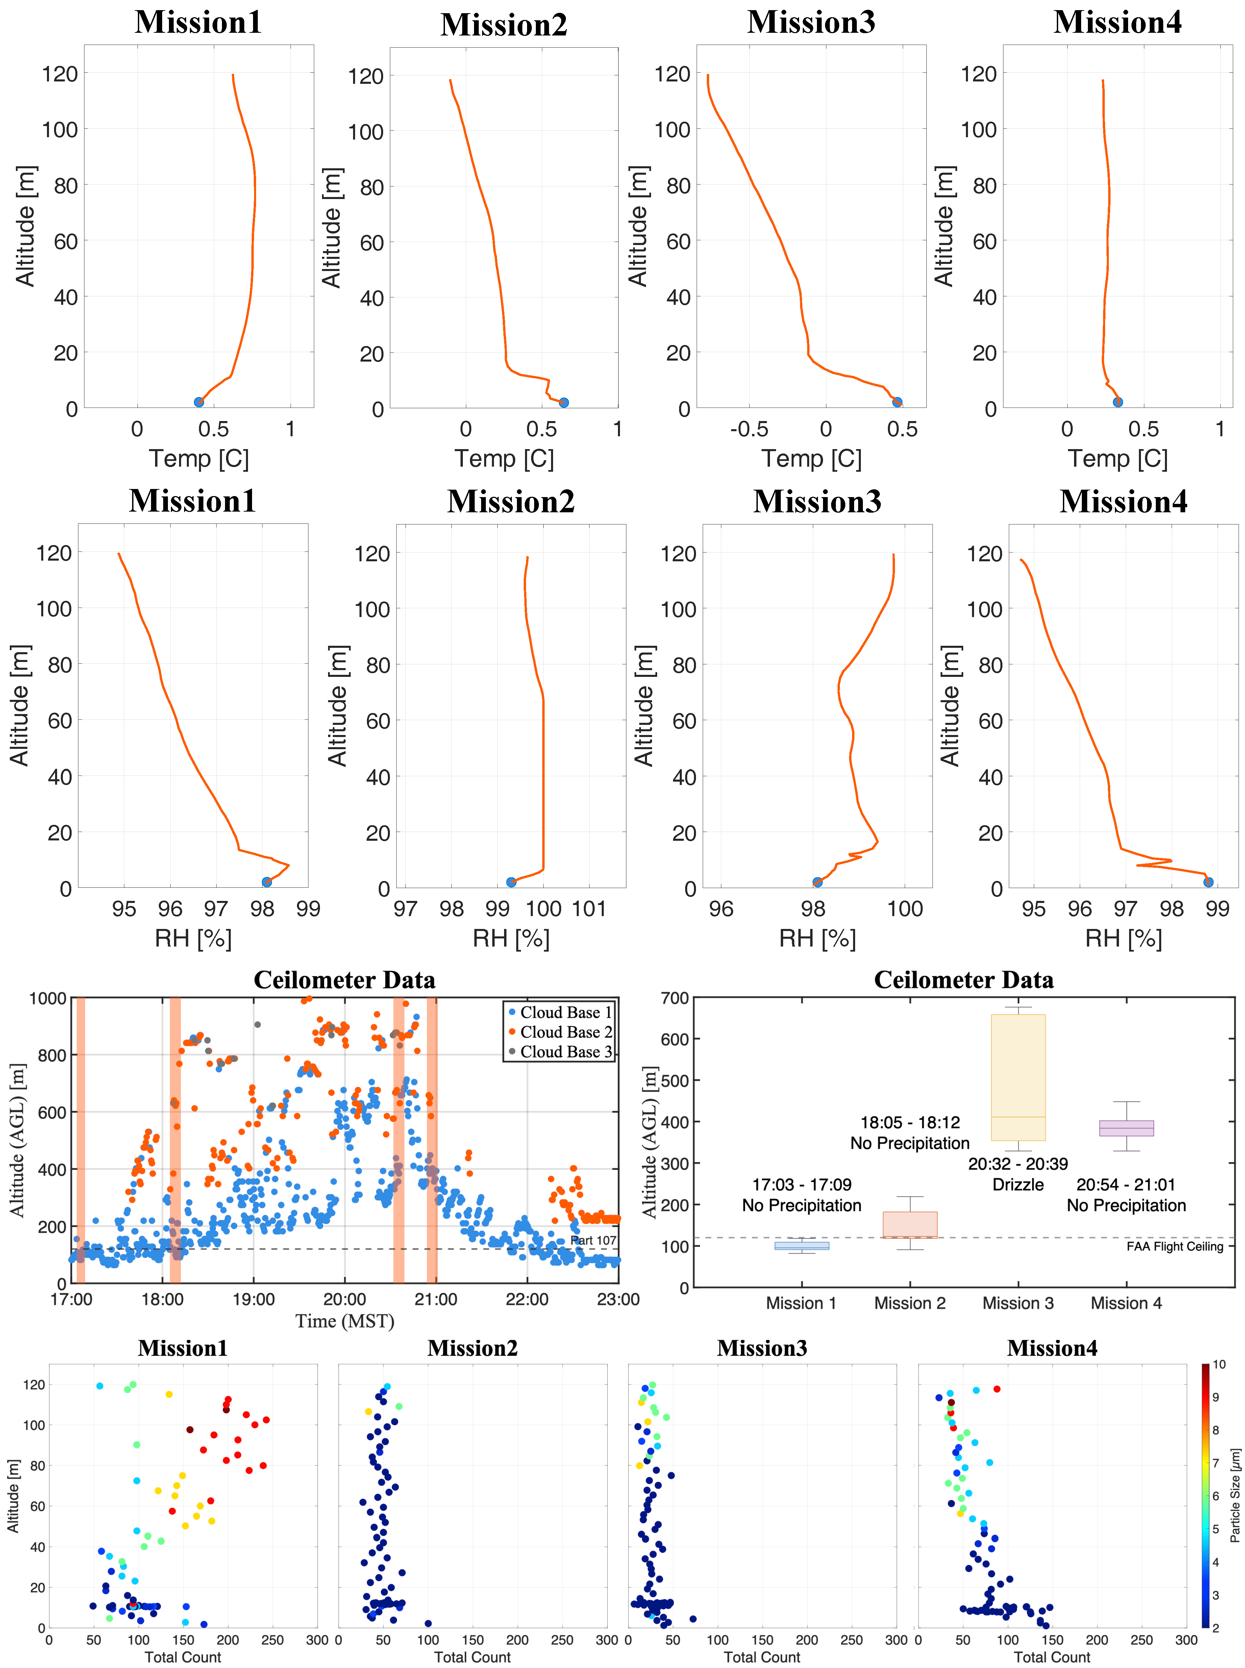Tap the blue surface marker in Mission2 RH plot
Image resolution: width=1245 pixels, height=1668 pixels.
(x=511, y=882)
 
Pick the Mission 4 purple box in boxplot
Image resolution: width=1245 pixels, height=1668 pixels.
(x=1127, y=1128)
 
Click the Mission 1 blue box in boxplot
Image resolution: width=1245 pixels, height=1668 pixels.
(x=802, y=1246)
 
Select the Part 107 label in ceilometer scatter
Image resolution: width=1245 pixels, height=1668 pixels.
(x=593, y=1241)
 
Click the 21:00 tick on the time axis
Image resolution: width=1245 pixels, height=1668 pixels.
(x=435, y=1299)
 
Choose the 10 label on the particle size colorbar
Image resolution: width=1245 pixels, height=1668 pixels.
(x=1219, y=1364)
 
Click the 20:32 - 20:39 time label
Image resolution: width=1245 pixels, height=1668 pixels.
(x=1018, y=1164)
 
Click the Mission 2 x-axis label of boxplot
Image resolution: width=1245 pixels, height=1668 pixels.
(x=910, y=1303)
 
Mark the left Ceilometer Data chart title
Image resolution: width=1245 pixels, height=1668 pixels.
(x=344, y=980)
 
